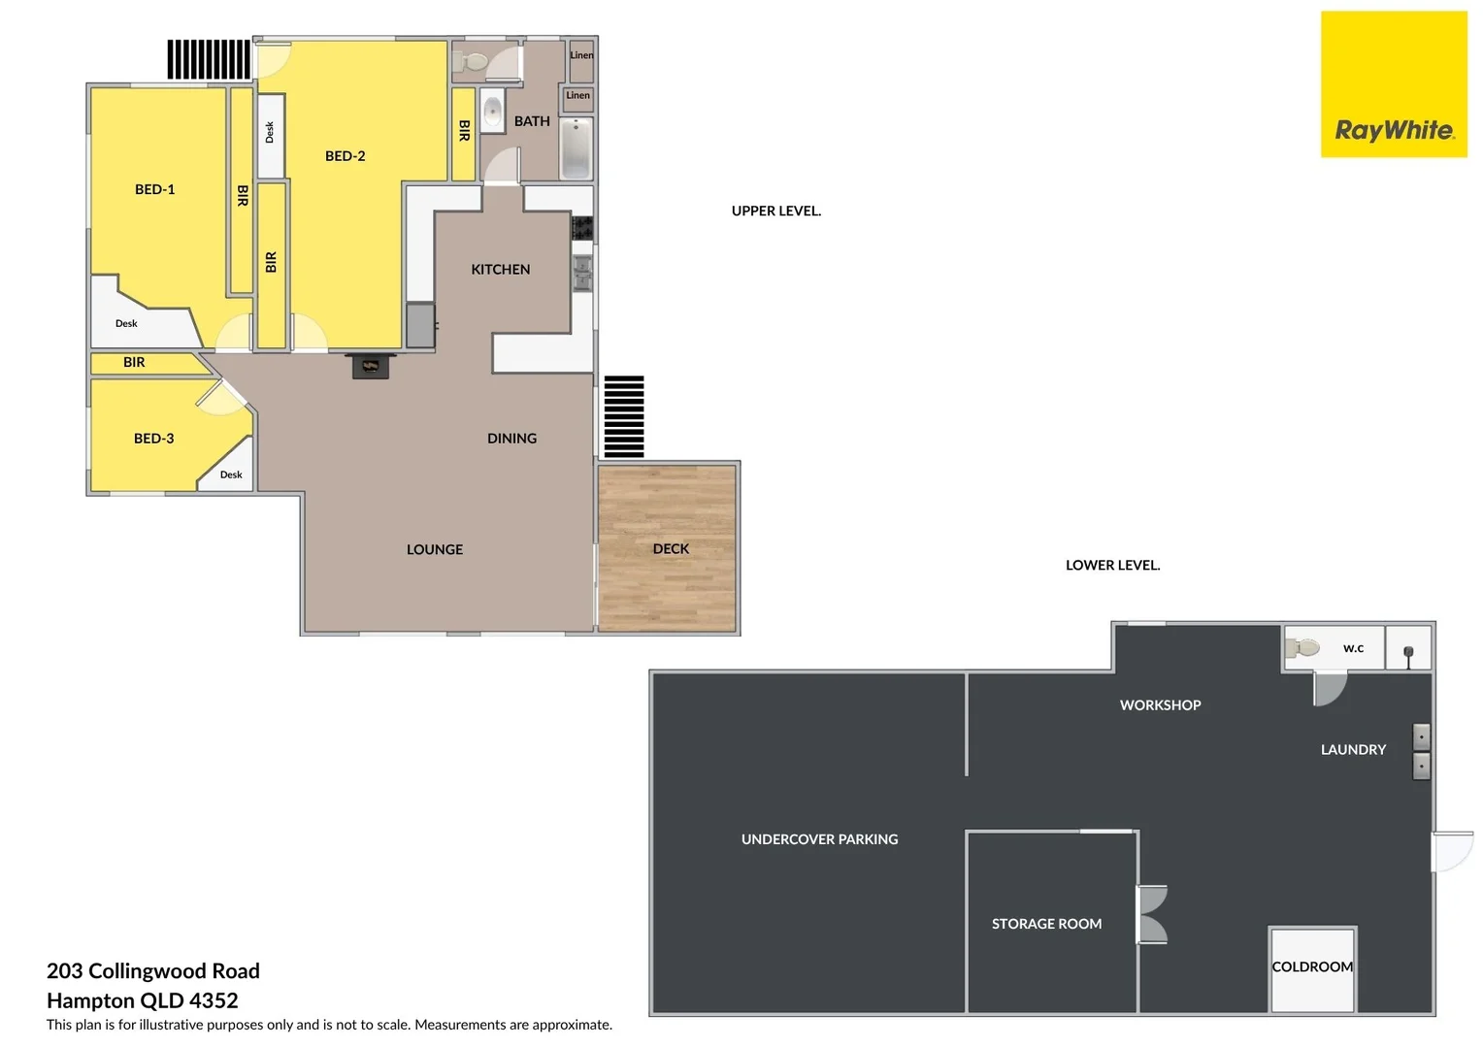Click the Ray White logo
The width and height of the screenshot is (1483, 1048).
pyautogui.click(x=1394, y=84)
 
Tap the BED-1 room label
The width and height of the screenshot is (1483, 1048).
pyautogui.click(x=155, y=189)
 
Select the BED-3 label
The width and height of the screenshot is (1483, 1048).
pyautogui.click(x=153, y=439)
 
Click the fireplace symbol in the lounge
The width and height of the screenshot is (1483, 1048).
pyautogui.click(x=370, y=366)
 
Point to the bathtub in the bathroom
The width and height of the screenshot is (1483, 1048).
pyautogui.click(x=576, y=148)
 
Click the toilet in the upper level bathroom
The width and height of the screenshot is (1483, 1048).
pyautogui.click(x=472, y=62)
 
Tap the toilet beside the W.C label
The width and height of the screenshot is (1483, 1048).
pyautogui.click(x=1302, y=647)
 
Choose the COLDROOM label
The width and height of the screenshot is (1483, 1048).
pyautogui.click(x=1312, y=966)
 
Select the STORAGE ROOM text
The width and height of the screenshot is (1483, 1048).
pyautogui.click(x=1046, y=924)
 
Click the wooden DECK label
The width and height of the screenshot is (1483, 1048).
pyautogui.click(x=671, y=549)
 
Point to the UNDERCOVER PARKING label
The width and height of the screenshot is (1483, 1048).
pyautogui.click(x=819, y=839)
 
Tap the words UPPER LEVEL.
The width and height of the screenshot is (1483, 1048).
pyautogui.click(x=775, y=211)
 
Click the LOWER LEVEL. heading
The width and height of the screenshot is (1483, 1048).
pyautogui.click(x=1112, y=565)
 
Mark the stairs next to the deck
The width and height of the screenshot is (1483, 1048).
pyautogui.click(x=624, y=416)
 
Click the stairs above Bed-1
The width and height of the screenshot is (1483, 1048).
pyautogui.click(x=209, y=59)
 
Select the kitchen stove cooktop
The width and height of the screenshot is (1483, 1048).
pyautogui.click(x=581, y=229)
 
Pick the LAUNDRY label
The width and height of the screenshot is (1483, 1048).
pyautogui.click(x=1353, y=750)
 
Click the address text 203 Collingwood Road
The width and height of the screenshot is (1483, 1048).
pyautogui.click(x=153, y=971)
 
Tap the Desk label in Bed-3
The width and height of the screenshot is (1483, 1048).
pyautogui.click(x=231, y=475)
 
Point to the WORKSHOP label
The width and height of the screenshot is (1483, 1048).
pyautogui.click(x=1160, y=705)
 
